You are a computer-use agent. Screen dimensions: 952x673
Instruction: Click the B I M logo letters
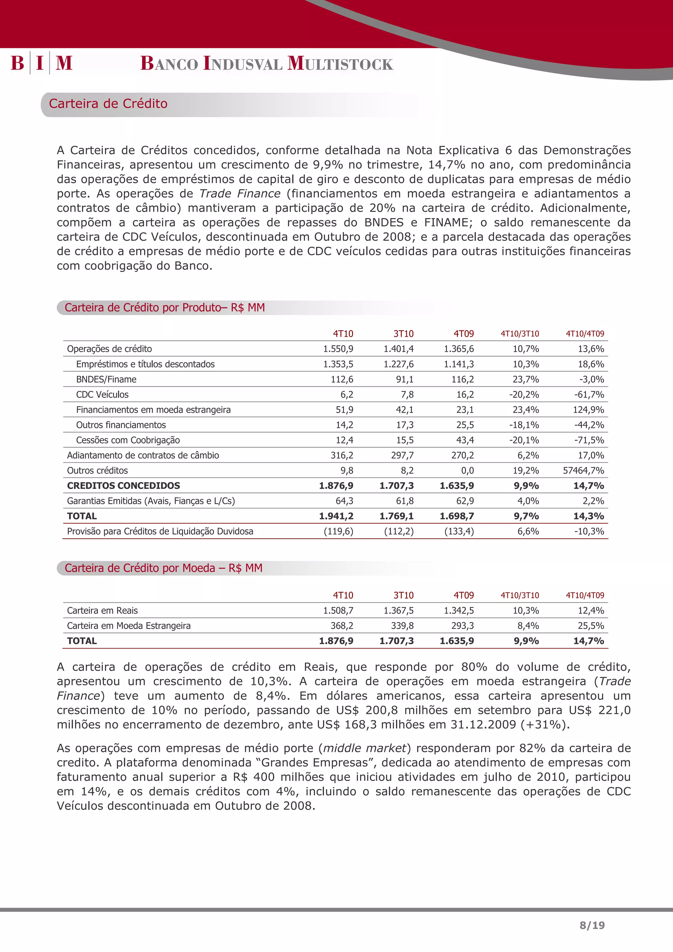(41, 63)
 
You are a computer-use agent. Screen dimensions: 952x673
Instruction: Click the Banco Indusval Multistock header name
(267, 63)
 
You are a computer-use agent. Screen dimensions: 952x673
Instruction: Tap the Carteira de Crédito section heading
(108, 104)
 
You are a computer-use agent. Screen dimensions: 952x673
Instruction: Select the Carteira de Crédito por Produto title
(165, 308)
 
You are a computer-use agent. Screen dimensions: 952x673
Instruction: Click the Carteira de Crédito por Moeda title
(163, 568)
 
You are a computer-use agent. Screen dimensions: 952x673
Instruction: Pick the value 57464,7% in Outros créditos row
(583, 471)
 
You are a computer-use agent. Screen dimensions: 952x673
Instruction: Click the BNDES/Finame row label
(106, 379)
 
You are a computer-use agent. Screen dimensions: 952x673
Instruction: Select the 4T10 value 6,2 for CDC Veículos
(347, 395)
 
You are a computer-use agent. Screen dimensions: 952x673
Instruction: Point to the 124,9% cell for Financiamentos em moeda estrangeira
(589, 410)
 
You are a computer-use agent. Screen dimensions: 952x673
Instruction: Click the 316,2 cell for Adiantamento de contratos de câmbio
(342, 456)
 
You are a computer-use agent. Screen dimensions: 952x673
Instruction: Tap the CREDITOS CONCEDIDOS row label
(124, 486)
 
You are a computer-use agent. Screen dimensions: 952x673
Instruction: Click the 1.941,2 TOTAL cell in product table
(336, 516)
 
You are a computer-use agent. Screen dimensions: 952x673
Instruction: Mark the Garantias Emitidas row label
(151, 501)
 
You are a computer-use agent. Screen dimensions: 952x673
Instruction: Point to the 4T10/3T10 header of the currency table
(520, 596)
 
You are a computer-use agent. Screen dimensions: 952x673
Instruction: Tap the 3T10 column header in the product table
(403, 334)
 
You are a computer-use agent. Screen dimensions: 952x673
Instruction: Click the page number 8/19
(592, 925)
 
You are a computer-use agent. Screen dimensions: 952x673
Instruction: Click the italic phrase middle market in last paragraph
(364, 748)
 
